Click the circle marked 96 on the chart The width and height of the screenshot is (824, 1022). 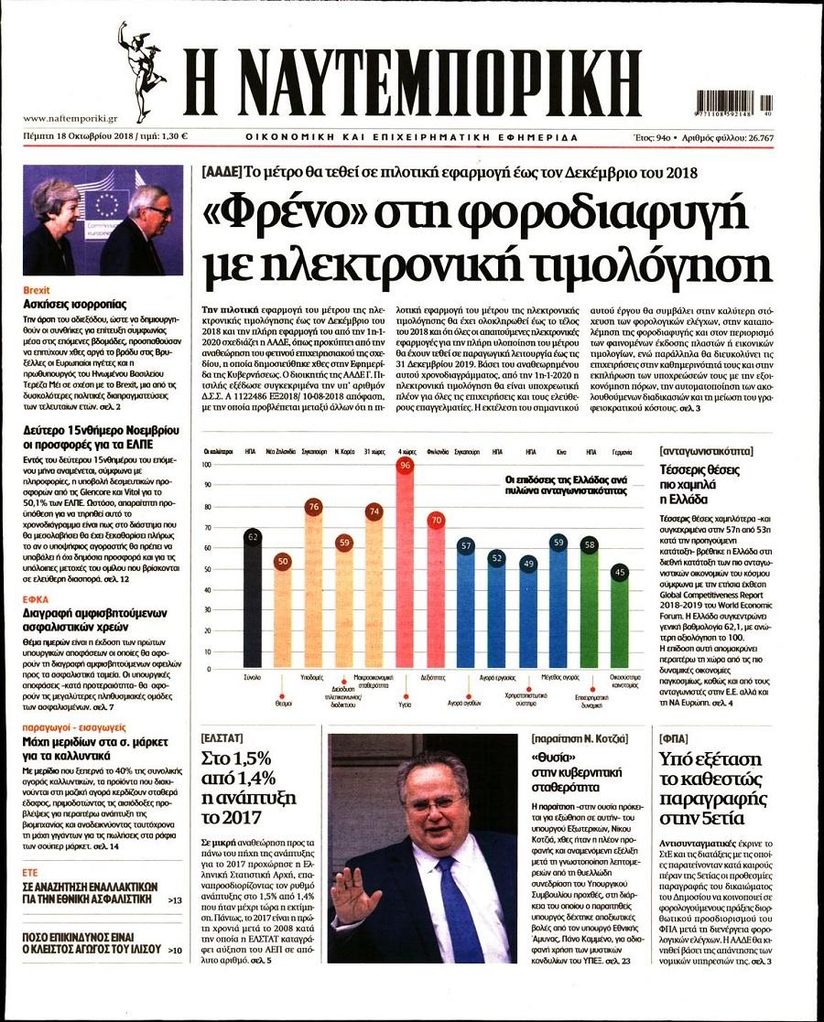coord(405,466)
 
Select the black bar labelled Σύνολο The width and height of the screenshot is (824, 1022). coord(252,604)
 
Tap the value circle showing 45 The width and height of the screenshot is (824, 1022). coord(619,573)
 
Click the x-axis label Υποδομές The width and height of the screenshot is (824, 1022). coord(313,677)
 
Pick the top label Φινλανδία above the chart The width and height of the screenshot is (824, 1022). coord(436,451)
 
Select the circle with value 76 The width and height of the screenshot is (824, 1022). coord(313,507)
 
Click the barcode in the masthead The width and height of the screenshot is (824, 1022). coord(733,102)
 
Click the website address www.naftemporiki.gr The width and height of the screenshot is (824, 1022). coord(70,118)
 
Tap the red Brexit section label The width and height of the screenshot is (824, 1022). coord(37,290)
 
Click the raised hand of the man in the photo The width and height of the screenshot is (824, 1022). coord(353,891)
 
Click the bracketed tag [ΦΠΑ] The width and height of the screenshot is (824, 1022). coord(676,737)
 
